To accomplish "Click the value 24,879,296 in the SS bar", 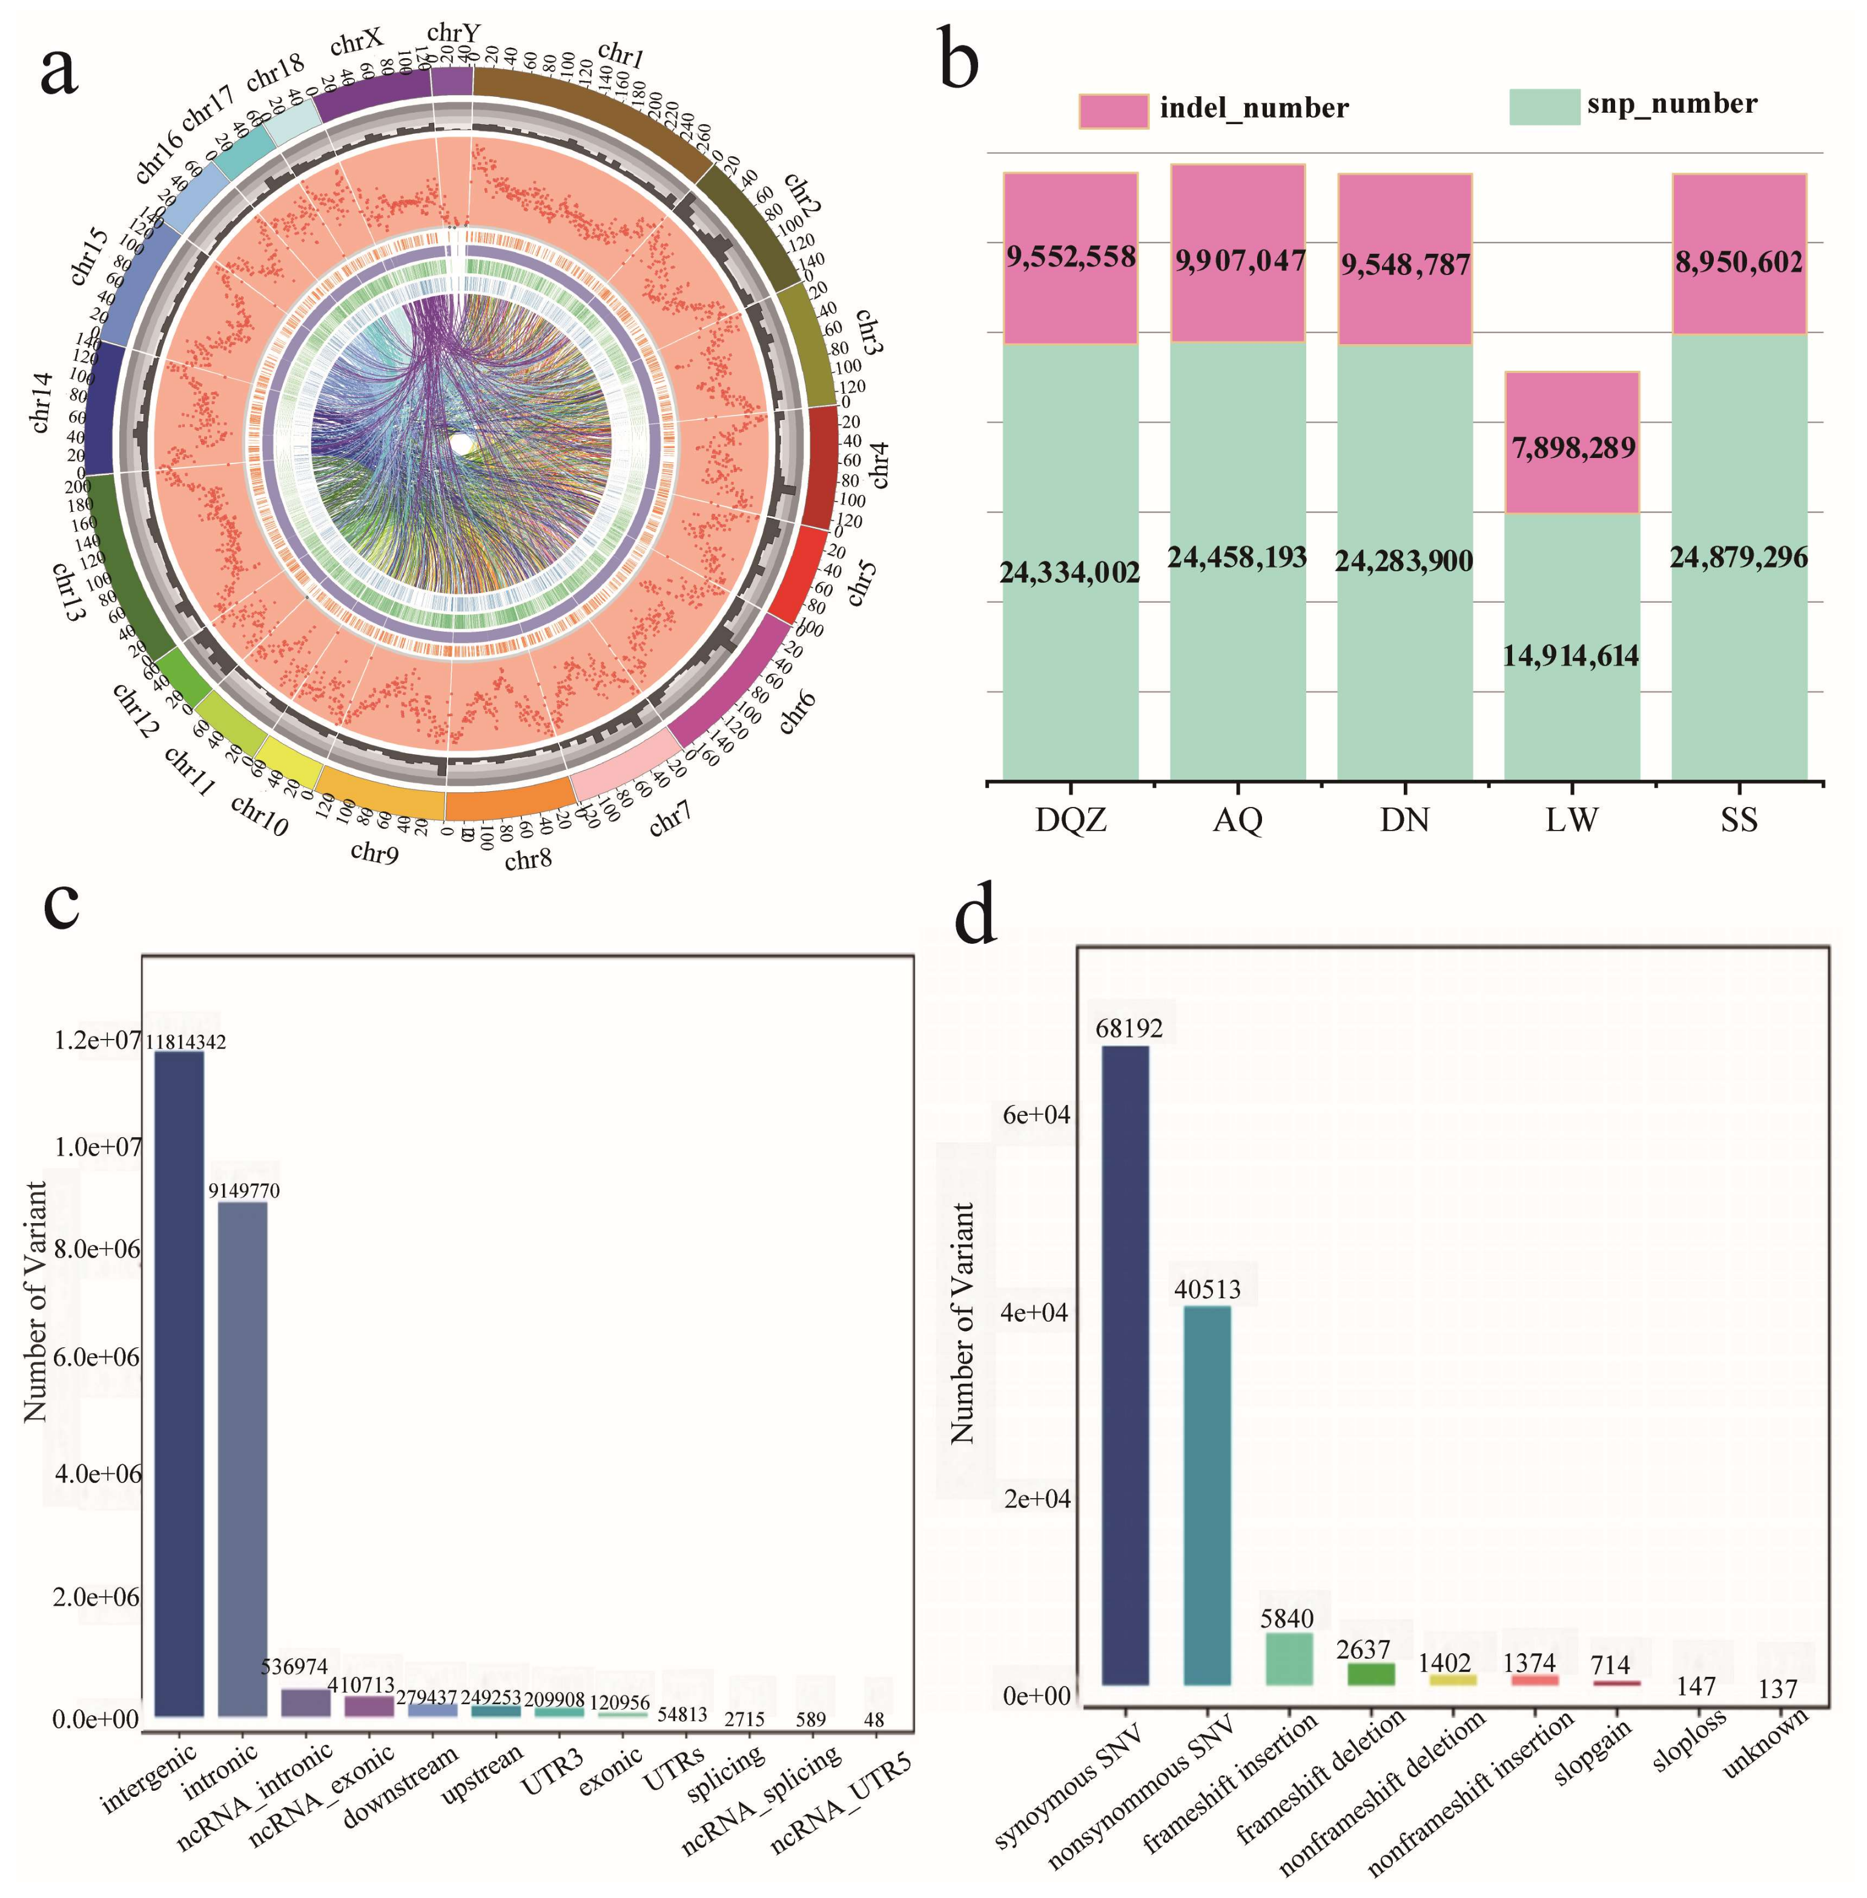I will click(x=1739, y=558).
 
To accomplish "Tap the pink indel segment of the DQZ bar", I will click(x=1070, y=294).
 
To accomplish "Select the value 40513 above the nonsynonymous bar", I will click(x=1207, y=1290).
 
